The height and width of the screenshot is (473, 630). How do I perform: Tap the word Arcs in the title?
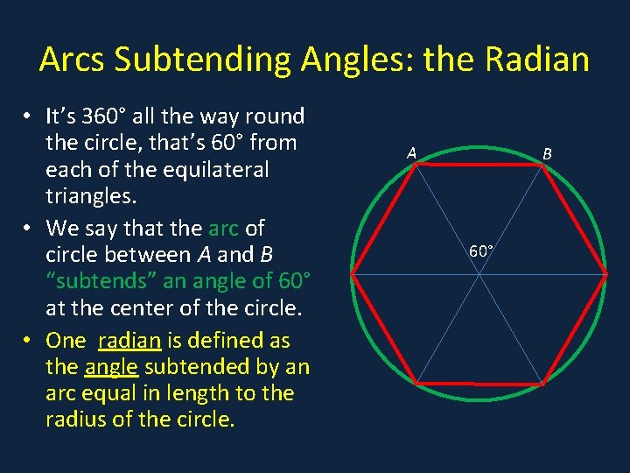(74, 60)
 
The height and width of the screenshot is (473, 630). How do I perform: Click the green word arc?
(224, 229)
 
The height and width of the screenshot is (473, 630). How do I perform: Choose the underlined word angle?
(113, 367)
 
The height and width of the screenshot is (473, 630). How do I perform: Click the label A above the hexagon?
(410, 153)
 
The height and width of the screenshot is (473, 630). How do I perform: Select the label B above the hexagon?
(547, 154)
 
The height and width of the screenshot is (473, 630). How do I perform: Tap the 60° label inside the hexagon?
(481, 251)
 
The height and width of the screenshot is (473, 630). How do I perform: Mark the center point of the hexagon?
(479, 274)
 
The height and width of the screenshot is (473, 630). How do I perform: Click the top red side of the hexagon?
(479, 164)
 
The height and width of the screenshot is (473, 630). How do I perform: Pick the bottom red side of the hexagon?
(479, 384)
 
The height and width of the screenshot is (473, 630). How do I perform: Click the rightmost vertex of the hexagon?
(606, 274)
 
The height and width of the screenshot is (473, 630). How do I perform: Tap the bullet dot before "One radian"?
(29, 342)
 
